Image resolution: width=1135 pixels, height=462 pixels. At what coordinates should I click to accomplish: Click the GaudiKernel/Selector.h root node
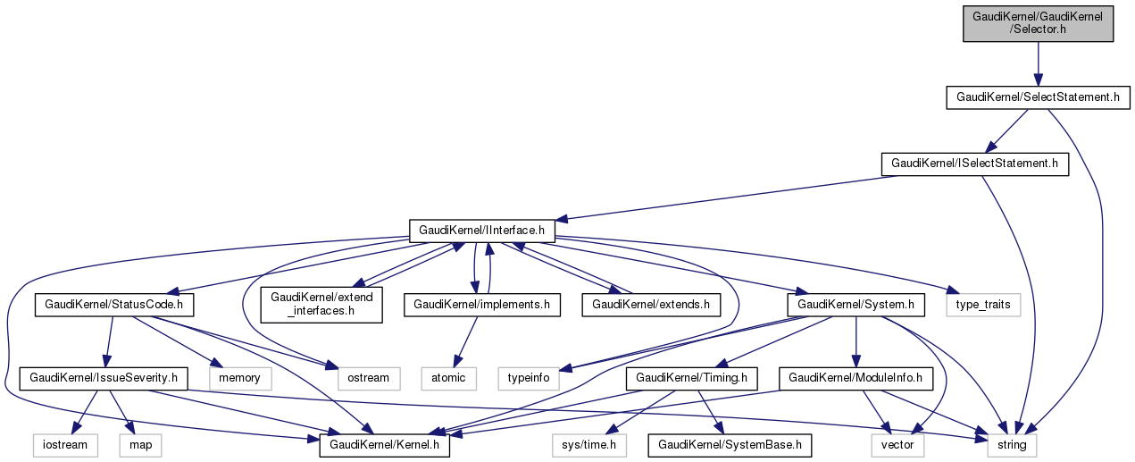pyautogui.click(x=1038, y=23)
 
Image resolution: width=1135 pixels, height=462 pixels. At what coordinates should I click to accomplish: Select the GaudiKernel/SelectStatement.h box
pyautogui.click(x=1037, y=97)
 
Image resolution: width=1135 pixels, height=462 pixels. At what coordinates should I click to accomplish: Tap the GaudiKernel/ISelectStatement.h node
pyautogui.click(x=974, y=164)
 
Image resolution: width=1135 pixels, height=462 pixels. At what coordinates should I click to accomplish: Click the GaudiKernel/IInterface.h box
pyautogui.click(x=482, y=231)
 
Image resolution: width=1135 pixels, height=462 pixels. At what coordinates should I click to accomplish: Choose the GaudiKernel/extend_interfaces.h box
pyautogui.click(x=321, y=305)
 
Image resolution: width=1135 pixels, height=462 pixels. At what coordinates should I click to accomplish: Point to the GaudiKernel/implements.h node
pyautogui.click(x=482, y=305)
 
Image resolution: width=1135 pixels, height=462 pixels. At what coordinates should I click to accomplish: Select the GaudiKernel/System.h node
pyautogui.click(x=856, y=305)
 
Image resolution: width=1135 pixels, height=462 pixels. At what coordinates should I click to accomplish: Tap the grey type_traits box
pyautogui.click(x=983, y=305)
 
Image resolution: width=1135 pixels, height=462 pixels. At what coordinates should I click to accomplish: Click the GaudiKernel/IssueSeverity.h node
pyautogui.click(x=104, y=378)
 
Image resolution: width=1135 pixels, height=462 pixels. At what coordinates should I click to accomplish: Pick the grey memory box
pyautogui.click(x=239, y=378)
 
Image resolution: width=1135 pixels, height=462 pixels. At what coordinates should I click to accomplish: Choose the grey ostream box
pyautogui.click(x=369, y=378)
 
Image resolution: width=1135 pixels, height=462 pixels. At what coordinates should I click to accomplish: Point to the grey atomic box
pyautogui.click(x=448, y=378)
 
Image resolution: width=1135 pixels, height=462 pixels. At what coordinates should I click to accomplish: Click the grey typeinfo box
pyautogui.click(x=529, y=378)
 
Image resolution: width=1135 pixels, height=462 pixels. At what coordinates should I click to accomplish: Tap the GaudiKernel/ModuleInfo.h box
pyautogui.click(x=856, y=378)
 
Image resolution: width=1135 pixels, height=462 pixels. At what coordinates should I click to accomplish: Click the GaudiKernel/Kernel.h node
pyautogui.click(x=385, y=444)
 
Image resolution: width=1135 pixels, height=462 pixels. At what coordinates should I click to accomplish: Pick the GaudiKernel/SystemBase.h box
pyautogui.click(x=731, y=444)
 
